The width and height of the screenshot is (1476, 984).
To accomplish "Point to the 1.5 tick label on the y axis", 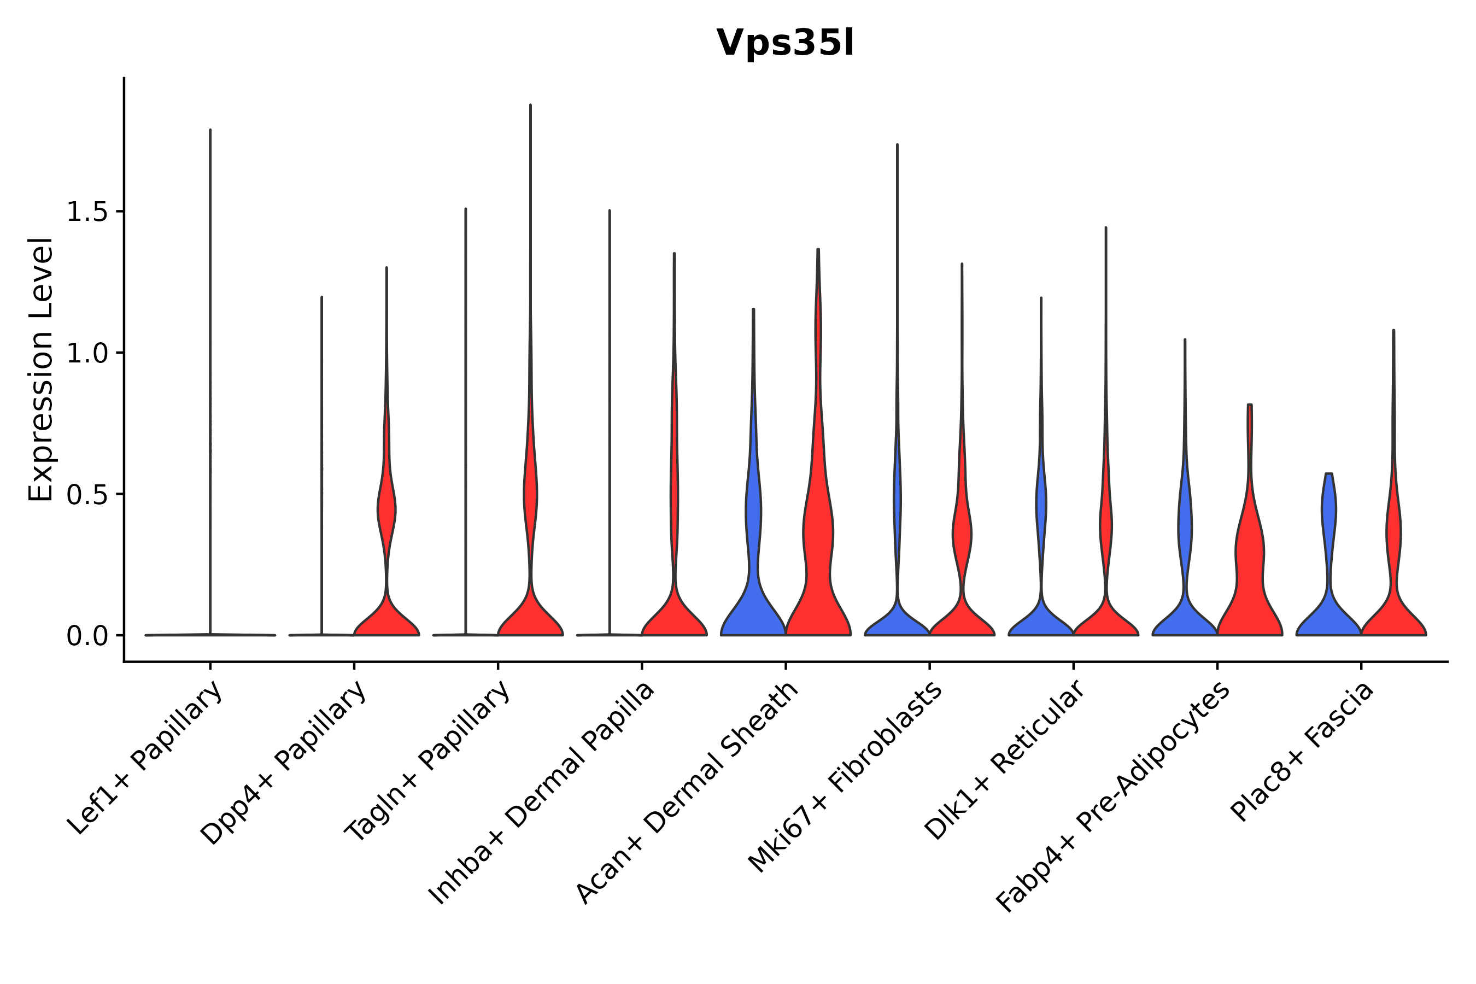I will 86,212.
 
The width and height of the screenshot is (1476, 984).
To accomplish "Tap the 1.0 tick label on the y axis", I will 86,353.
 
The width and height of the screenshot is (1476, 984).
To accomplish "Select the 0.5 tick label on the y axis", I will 86,495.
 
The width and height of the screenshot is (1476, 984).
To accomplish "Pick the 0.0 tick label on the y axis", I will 86,636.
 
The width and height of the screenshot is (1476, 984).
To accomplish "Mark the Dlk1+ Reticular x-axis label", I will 1004,760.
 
